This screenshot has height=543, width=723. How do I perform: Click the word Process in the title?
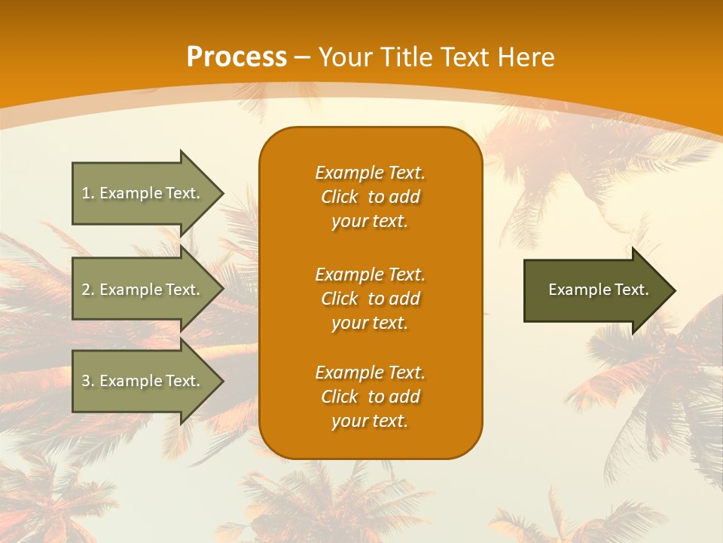[x=236, y=57]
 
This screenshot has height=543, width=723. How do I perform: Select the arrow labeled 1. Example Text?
[x=143, y=193]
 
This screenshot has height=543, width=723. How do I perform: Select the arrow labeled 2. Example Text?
[x=143, y=290]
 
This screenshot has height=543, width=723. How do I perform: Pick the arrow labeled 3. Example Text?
[x=143, y=381]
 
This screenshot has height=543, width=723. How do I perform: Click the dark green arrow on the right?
[x=595, y=290]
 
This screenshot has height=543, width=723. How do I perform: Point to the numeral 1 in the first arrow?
[x=86, y=193]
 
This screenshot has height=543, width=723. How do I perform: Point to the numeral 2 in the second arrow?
[x=86, y=290]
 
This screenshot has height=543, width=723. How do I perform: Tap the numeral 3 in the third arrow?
[x=86, y=381]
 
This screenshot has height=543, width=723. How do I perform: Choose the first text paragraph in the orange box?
[x=370, y=197]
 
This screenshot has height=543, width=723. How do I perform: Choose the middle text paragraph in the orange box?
[x=370, y=299]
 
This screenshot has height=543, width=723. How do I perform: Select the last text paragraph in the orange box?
[x=370, y=397]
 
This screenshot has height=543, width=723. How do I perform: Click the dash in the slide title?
[x=302, y=57]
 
